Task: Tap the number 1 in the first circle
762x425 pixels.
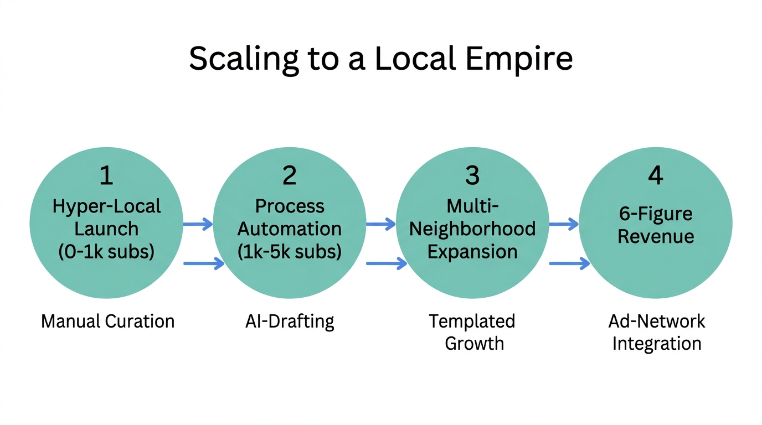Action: (x=106, y=175)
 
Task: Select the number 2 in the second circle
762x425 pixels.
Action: (x=289, y=175)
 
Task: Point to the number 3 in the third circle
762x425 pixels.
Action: (x=472, y=175)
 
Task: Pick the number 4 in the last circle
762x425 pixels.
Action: (x=655, y=175)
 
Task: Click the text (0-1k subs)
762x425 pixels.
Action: (x=106, y=252)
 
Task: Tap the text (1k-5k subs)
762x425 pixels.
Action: (x=290, y=252)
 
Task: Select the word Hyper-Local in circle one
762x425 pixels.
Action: (x=106, y=206)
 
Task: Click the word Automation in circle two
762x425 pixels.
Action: (x=290, y=229)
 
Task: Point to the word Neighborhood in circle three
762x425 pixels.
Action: (x=472, y=229)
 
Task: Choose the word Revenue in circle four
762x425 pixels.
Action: (x=656, y=236)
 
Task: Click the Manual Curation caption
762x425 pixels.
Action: (x=107, y=321)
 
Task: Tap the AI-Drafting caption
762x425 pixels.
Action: (x=290, y=321)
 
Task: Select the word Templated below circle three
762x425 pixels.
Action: (x=472, y=321)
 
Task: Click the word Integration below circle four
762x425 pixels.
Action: (x=656, y=344)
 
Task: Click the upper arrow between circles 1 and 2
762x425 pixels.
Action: (x=198, y=224)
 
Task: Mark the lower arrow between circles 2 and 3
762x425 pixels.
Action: (x=386, y=264)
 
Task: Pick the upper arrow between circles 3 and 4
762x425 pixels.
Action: (x=564, y=224)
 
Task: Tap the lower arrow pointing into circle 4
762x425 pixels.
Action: (x=569, y=264)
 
